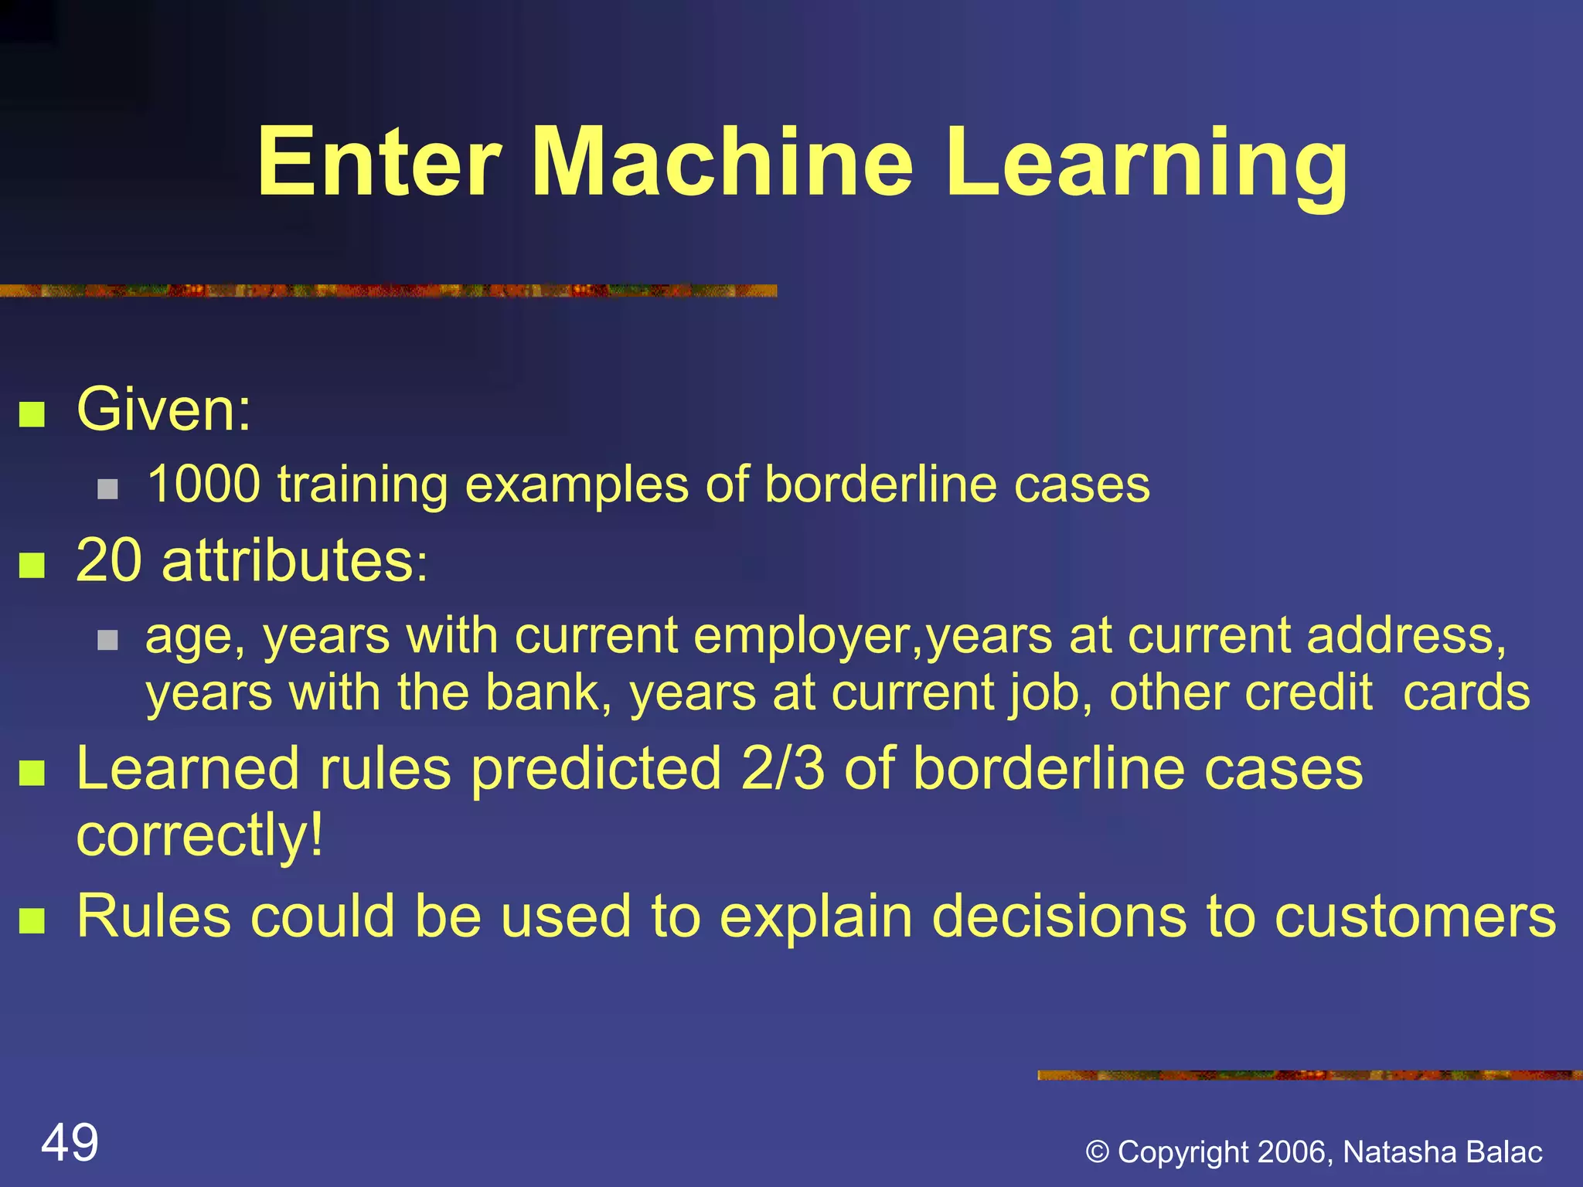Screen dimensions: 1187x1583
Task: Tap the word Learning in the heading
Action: tap(1146, 166)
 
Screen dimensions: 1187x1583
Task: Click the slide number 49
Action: tap(70, 1143)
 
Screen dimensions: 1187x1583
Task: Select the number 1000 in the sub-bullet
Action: tap(203, 485)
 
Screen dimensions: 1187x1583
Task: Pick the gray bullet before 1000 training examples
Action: tap(107, 489)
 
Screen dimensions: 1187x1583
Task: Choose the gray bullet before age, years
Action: tap(107, 640)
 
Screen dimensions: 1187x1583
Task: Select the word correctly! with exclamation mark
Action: tap(199, 835)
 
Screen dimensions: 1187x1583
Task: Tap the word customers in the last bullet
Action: tap(1414, 917)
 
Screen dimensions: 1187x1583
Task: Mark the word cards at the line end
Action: tap(1466, 692)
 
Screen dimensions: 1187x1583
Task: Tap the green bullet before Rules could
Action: tap(32, 920)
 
